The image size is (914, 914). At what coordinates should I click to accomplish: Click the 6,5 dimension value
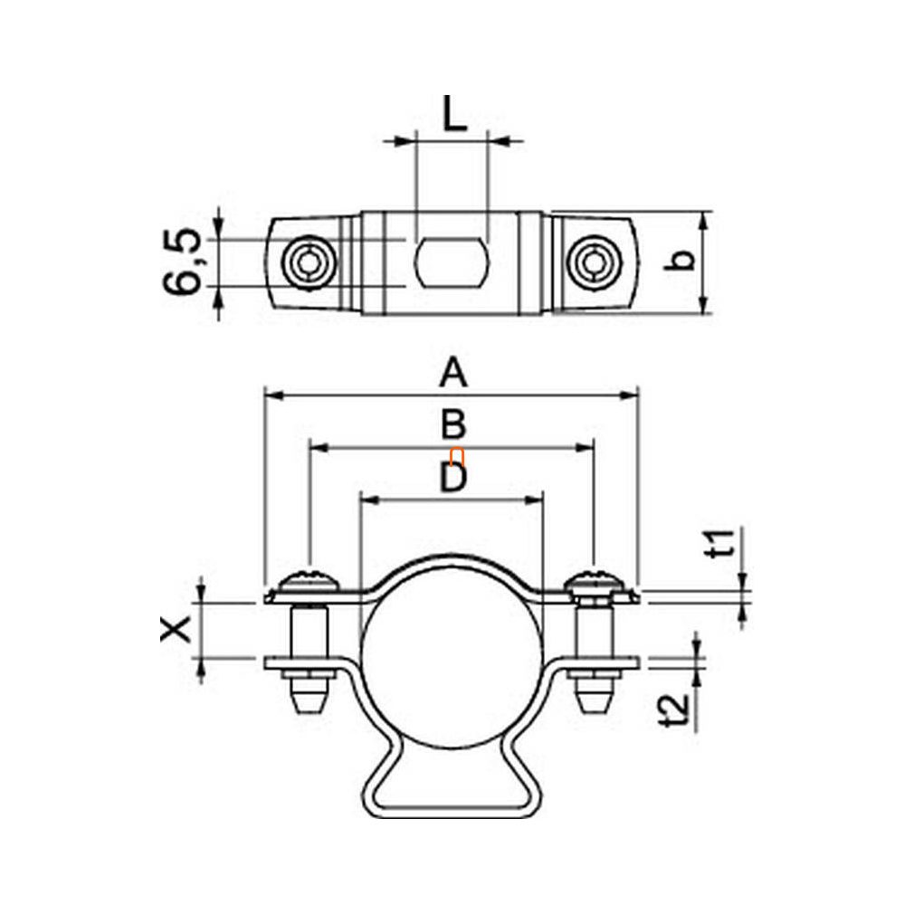(x=183, y=262)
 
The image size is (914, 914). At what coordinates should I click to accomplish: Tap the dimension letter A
(x=452, y=373)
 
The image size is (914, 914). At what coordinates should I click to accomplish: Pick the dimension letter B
(x=452, y=424)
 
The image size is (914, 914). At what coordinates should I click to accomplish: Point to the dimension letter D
(x=452, y=478)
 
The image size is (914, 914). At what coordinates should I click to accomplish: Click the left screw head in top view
(x=309, y=262)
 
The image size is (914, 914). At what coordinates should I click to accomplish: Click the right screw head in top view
(x=594, y=262)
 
